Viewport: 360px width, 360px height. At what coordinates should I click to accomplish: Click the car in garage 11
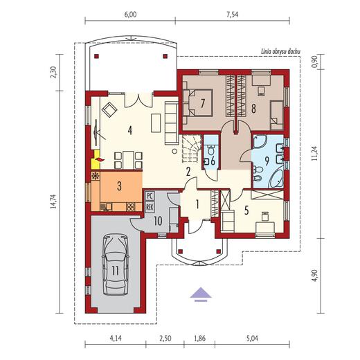tap(116, 264)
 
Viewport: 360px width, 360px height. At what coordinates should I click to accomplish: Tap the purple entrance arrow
tap(201, 294)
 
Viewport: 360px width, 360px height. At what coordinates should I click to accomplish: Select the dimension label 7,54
tap(233, 15)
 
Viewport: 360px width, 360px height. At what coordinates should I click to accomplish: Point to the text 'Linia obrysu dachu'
tap(280, 52)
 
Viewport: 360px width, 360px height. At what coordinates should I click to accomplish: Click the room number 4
tap(130, 131)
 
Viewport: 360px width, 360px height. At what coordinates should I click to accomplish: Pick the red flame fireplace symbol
tap(100, 159)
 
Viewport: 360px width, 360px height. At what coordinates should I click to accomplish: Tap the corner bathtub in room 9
tap(276, 179)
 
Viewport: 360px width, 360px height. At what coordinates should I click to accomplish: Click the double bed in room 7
tap(197, 102)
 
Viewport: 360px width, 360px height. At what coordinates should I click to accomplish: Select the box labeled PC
tap(150, 196)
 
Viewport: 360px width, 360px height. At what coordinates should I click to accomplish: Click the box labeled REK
tap(150, 206)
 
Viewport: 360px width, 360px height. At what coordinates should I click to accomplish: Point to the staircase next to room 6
tap(191, 149)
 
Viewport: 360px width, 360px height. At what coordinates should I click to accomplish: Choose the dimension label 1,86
tap(199, 339)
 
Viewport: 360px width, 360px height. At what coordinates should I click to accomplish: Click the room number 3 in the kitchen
tap(119, 186)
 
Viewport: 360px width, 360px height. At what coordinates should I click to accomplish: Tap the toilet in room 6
tap(210, 150)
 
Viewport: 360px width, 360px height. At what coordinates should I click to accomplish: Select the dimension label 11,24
tap(314, 153)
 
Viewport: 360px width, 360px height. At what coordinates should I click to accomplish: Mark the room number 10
tap(158, 222)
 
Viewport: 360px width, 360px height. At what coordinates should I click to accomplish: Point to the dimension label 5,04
tap(252, 339)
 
